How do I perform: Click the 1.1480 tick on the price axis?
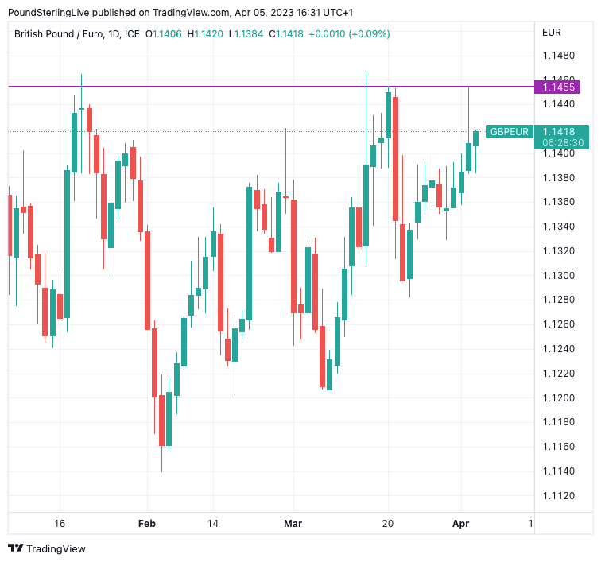pyautogui.click(x=558, y=56)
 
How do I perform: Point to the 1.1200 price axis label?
pyautogui.click(x=558, y=397)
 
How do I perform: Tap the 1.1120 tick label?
pyautogui.click(x=558, y=495)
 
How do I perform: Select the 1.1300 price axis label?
pyautogui.click(x=558, y=275)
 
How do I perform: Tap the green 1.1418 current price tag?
pyautogui.click(x=563, y=131)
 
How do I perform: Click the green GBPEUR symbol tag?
pyautogui.click(x=509, y=132)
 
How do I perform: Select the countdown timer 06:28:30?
pyautogui.click(x=563, y=143)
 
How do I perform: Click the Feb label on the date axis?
pyautogui.click(x=146, y=524)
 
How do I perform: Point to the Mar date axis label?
pyautogui.click(x=293, y=524)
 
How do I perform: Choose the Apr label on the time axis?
pyautogui.click(x=461, y=524)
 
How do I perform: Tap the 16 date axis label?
pyautogui.click(x=59, y=524)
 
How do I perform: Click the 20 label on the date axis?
pyautogui.click(x=388, y=524)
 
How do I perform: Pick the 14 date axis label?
pyautogui.click(x=212, y=524)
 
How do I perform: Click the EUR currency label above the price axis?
pyautogui.click(x=551, y=33)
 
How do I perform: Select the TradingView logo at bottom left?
pyautogui.click(x=47, y=548)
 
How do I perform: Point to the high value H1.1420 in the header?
pyautogui.click(x=205, y=33)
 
